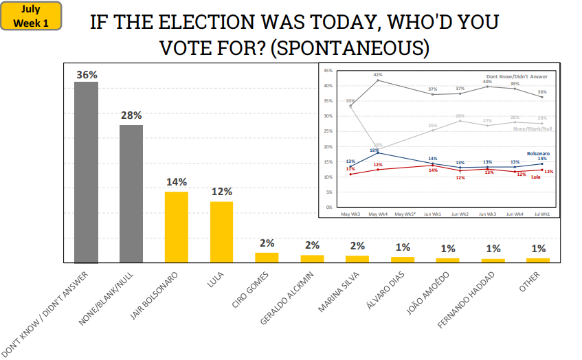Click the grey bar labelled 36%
point(87,172)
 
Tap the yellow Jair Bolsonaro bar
point(177,227)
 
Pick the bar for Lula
point(221,232)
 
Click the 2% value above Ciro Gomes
point(267,243)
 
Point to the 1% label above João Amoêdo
point(448,248)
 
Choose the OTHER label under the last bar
point(530,282)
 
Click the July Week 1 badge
point(32,16)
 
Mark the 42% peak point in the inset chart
point(378,80)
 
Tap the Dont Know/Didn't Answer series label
point(517,76)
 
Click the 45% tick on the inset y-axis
point(328,71)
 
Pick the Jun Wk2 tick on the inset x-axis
point(460,214)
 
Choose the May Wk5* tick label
point(405,214)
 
